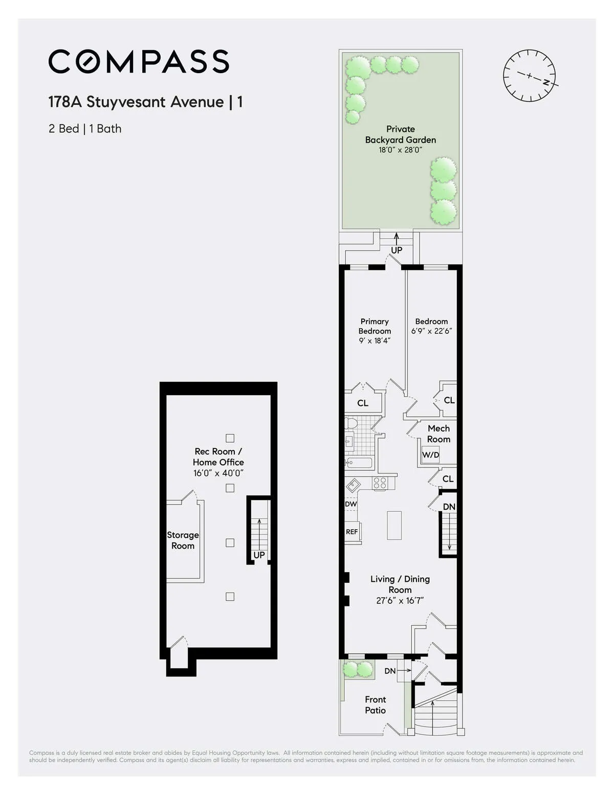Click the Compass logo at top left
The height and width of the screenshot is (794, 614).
pos(139,61)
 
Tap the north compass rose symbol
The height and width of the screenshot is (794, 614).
pos(530,76)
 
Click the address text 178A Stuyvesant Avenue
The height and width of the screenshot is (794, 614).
pos(136,102)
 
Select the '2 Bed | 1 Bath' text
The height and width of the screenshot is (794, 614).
pos(85,129)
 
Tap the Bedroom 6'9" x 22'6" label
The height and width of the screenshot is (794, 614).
pos(431,326)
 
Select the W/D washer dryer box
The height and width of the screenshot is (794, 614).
pos(430,455)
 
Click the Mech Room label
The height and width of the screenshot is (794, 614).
pos(438,434)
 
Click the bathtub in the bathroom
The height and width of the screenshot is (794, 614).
pos(359,463)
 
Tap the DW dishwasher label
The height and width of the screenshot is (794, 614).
pos(350,504)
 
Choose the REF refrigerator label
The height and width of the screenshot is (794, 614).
pos(352,532)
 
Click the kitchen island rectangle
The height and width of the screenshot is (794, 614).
pos(394,525)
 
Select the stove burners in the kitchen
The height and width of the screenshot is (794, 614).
pos(380,483)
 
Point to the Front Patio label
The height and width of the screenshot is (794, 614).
pos(375,705)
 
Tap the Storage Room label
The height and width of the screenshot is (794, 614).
pos(183,540)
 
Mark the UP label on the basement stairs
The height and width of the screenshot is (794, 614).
pos(259,555)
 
